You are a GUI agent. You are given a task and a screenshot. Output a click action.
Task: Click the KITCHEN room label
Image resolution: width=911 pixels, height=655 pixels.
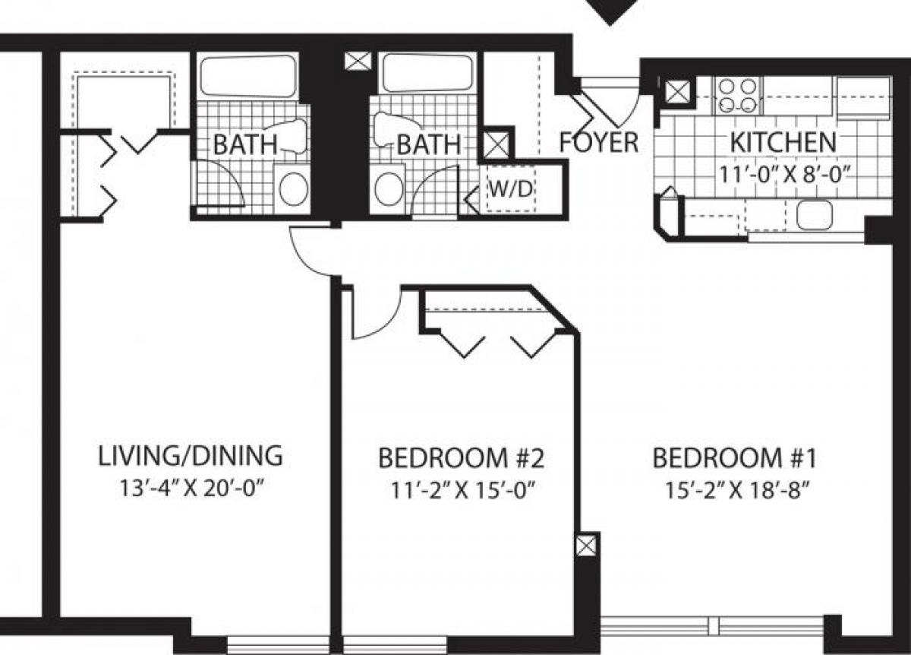pyautogui.click(x=783, y=141)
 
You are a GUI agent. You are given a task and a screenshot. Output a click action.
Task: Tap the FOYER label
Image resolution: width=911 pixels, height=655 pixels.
pyautogui.click(x=599, y=142)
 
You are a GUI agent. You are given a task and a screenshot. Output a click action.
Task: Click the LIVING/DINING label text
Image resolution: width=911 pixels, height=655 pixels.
pyautogui.click(x=191, y=456)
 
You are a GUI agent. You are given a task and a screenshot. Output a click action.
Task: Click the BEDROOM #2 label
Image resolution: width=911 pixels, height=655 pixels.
pyautogui.click(x=462, y=458)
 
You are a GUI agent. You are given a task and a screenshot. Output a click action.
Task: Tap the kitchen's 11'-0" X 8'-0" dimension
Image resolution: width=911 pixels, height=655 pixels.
pyautogui.click(x=783, y=172)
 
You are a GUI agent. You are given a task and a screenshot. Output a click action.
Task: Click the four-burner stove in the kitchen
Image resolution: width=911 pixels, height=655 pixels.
pyautogui.click(x=738, y=96)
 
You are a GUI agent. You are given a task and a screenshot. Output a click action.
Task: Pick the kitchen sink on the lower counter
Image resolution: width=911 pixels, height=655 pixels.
pyautogui.click(x=814, y=215)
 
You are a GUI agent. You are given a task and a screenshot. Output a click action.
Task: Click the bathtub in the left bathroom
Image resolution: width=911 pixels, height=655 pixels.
pyautogui.click(x=247, y=76)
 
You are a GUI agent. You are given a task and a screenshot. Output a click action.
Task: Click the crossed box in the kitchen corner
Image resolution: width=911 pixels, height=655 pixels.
pyautogui.click(x=676, y=93)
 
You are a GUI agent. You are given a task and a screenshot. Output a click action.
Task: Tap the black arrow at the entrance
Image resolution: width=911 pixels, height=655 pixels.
pyautogui.click(x=611, y=11)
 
